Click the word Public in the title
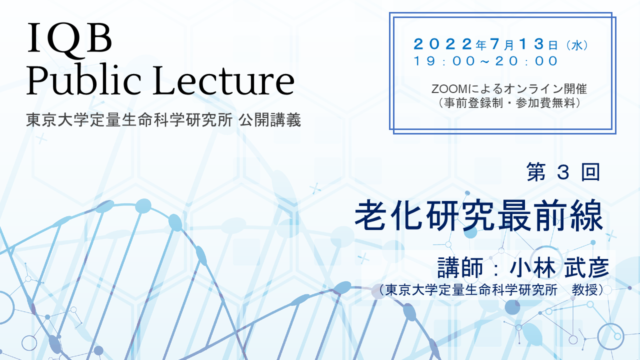click(83, 80)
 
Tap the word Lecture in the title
click(223, 80)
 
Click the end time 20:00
click(526, 61)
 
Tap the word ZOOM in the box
click(449, 89)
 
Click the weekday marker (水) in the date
click(577, 45)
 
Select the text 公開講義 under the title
click(270, 120)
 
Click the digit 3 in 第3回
click(563, 172)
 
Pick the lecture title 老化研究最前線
click(479, 215)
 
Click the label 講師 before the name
click(460, 267)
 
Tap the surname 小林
click(532, 267)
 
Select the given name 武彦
click(586, 267)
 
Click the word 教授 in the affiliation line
click(584, 290)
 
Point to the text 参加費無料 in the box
click(545, 103)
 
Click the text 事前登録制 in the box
click(473, 103)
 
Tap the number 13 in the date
click(532, 44)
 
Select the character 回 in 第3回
click(590, 172)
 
